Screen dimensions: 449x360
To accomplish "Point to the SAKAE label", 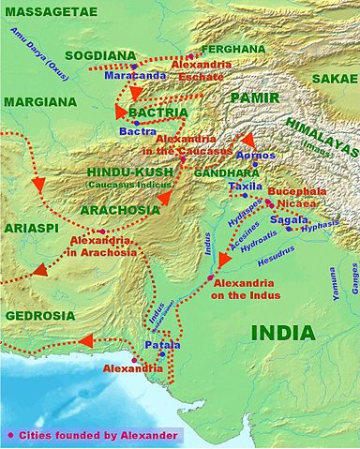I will (333, 80).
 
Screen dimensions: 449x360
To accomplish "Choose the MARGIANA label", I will (38, 100).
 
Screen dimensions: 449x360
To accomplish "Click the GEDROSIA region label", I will (39, 317).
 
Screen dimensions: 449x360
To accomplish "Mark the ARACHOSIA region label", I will (119, 211).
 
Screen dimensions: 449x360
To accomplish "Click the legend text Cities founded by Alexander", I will (98, 435).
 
